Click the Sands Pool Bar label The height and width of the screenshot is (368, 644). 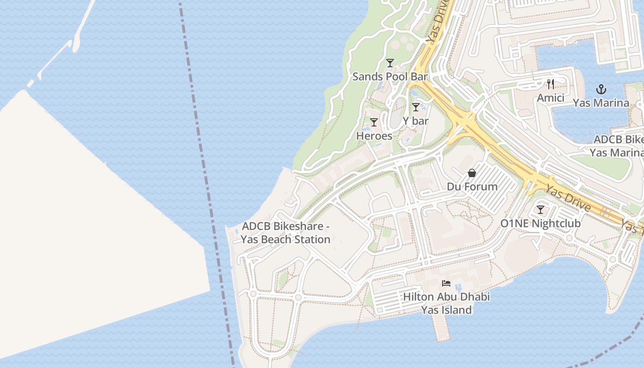[x=390, y=76]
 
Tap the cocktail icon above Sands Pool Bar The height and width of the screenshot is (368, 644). [x=390, y=63]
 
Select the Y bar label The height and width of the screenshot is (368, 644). [x=415, y=121]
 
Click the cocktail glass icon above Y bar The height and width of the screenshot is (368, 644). [x=415, y=107]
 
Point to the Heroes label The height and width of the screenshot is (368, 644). [x=374, y=136]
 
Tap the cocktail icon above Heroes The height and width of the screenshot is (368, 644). [x=374, y=122]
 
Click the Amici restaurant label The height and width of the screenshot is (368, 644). [x=551, y=98]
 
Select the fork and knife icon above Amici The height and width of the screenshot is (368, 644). [x=551, y=84]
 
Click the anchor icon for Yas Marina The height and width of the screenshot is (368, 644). [x=601, y=89]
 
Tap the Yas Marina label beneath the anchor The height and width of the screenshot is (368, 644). [x=601, y=103]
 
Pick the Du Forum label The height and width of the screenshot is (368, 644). [x=472, y=186]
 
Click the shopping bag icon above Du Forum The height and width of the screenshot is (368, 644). [x=472, y=173]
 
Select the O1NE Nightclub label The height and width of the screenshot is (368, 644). [x=540, y=223]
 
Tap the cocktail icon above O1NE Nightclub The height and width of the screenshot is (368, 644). [x=540, y=210]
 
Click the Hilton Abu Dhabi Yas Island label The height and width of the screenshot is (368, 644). [x=446, y=303]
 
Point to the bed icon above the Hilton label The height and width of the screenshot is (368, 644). [x=446, y=283]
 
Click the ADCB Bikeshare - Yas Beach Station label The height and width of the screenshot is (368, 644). [x=286, y=233]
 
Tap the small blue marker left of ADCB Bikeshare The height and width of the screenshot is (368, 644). [x=236, y=231]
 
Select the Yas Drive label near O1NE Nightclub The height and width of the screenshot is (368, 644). [x=568, y=197]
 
